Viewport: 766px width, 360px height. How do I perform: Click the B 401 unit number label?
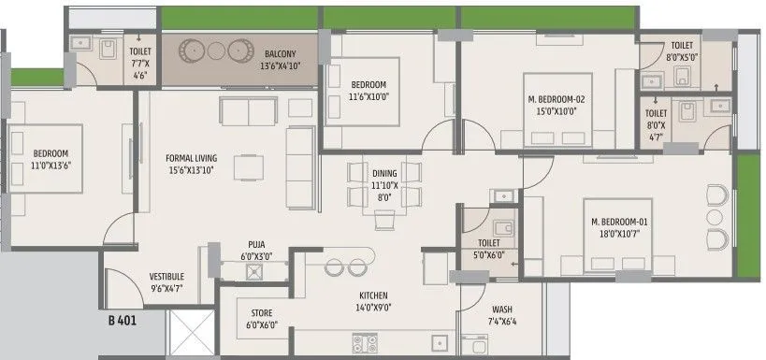pos(123,321)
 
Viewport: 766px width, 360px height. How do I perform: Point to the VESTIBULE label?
pos(166,277)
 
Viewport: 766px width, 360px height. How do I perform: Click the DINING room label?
pos(384,174)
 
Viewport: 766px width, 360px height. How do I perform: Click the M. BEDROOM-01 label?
pos(619,221)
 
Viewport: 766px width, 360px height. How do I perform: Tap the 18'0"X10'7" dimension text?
pos(619,234)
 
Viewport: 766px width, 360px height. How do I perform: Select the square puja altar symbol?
pos(253,272)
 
